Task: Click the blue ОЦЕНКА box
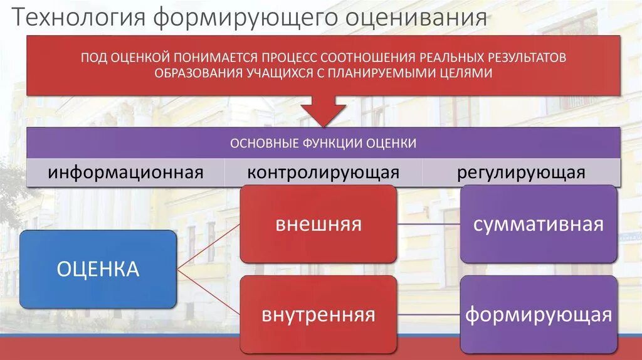coord(98,269)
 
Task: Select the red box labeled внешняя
coord(318,224)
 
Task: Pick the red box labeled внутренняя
coord(318,314)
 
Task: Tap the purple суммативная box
coord(538,224)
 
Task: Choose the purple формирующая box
coord(538,314)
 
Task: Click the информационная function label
coord(125,172)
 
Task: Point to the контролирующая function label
coord(323,172)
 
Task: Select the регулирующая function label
coord(521,172)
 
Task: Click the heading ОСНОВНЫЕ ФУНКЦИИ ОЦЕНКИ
coord(323,143)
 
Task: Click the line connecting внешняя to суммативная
coord(428,224)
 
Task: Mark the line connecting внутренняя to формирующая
coord(428,314)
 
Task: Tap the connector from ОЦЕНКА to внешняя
coord(208,246)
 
